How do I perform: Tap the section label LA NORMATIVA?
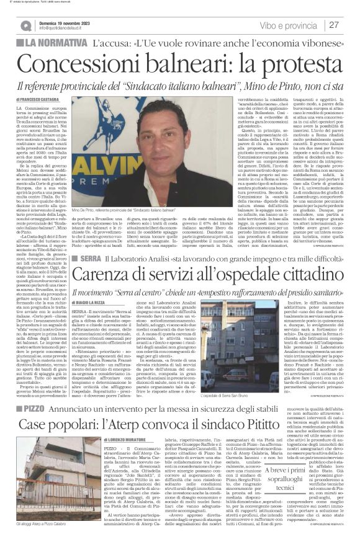pyautogui.click(x=56, y=45)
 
